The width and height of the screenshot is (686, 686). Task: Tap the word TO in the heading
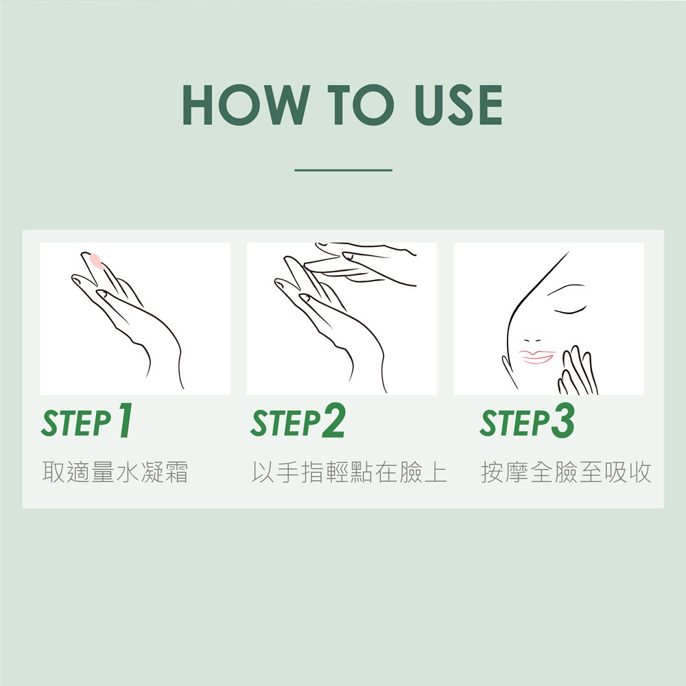click(x=361, y=105)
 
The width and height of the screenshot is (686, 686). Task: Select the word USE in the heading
click(x=458, y=105)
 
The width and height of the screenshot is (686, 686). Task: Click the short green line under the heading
click(x=344, y=169)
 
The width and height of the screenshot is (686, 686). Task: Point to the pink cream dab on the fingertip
click(x=96, y=261)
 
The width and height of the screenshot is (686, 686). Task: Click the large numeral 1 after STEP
click(x=126, y=420)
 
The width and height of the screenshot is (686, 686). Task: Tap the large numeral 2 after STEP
click(x=334, y=420)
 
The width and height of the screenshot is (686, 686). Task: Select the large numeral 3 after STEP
click(x=563, y=420)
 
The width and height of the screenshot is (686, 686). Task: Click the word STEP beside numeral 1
click(x=77, y=423)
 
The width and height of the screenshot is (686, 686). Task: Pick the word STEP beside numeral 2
click(x=285, y=423)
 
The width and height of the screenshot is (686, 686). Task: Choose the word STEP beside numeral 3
click(x=514, y=423)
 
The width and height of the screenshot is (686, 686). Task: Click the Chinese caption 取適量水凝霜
click(x=115, y=472)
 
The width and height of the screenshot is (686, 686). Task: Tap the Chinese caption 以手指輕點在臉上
click(x=349, y=472)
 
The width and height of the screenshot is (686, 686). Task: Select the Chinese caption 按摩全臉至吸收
click(x=566, y=472)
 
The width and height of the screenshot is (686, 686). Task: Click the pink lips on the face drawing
click(x=537, y=357)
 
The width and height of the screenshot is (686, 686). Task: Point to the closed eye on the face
click(x=570, y=311)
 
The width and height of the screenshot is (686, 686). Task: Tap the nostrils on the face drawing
click(x=532, y=340)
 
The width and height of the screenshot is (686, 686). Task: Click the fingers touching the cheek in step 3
click(x=578, y=371)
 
